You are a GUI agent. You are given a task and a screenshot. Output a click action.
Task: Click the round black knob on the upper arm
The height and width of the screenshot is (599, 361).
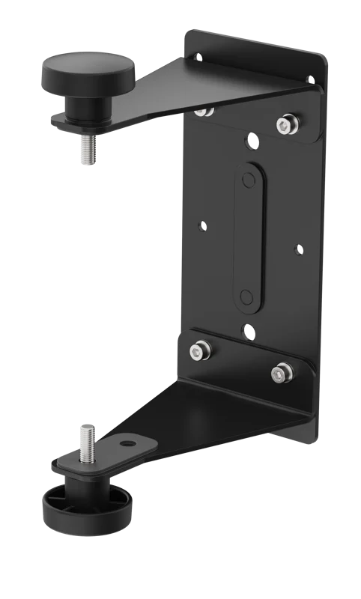88,75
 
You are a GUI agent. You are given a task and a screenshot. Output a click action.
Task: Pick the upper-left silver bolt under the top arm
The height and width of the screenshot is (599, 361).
203,112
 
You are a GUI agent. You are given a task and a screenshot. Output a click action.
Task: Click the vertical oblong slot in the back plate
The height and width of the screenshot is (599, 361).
249,235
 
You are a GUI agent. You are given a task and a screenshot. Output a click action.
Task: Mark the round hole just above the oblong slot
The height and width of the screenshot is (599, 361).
252,140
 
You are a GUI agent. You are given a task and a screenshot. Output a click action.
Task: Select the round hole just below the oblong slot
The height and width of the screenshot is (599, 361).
247,329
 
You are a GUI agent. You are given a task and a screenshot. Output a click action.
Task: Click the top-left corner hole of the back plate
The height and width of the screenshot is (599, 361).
198,57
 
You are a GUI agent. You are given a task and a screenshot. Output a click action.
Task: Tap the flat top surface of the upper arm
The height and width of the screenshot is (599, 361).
187,86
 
